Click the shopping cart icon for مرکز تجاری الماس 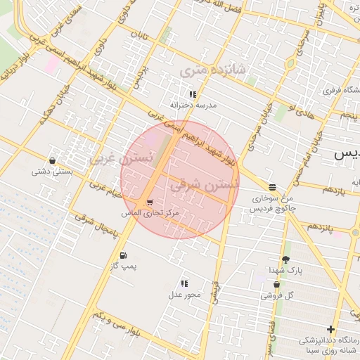[149, 202]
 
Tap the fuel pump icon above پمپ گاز [124, 255]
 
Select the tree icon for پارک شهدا [285, 259]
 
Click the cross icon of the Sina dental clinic [330, 329]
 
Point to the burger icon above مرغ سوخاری [272, 187]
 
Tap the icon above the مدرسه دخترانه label [192, 94]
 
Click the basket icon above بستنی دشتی [53, 160]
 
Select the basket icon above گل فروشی [276, 285]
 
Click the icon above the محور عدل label [184, 283]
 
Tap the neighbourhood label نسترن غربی [120, 158]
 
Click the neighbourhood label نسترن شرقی [205, 185]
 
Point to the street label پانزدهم [323, 228]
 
